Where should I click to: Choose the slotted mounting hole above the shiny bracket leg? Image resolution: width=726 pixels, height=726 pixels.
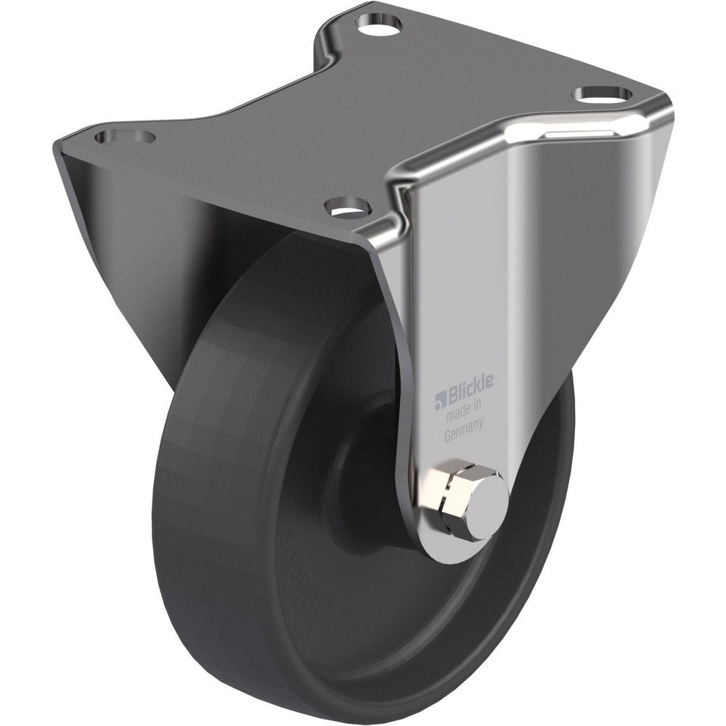[603, 95]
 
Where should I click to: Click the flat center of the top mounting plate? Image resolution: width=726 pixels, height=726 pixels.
[378, 116]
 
